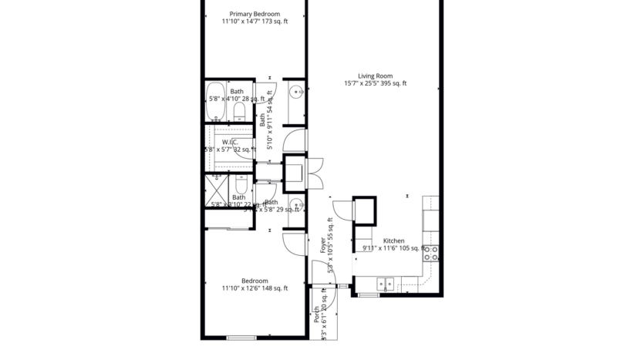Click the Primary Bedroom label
[255, 14]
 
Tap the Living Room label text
[376, 76]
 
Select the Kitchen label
[393, 241]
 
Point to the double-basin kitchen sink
[383, 284]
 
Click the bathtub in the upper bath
[215, 102]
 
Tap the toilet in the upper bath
[239, 112]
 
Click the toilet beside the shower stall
[241, 187]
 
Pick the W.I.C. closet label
[229, 142]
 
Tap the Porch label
[316, 314]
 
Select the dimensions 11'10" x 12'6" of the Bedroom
[255, 289]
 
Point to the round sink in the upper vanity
[295, 93]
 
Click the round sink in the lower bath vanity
[295, 204]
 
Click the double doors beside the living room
[315, 171]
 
